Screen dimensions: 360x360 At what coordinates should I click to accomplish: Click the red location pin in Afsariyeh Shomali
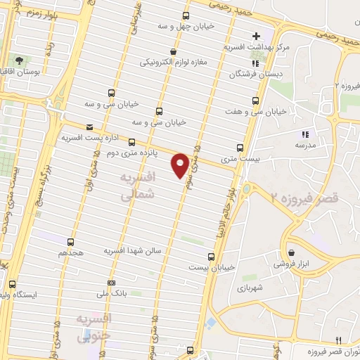tap(180, 165)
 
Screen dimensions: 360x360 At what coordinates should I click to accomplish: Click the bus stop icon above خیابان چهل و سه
tap(186, 15)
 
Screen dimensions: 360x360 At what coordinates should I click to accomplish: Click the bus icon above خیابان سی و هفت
tap(255, 101)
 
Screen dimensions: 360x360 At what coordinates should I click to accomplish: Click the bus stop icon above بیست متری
tap(240, 148)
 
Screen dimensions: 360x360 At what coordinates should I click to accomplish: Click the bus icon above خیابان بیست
tap(212, 256)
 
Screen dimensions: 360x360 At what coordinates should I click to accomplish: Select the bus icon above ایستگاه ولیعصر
tap(13, 284)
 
